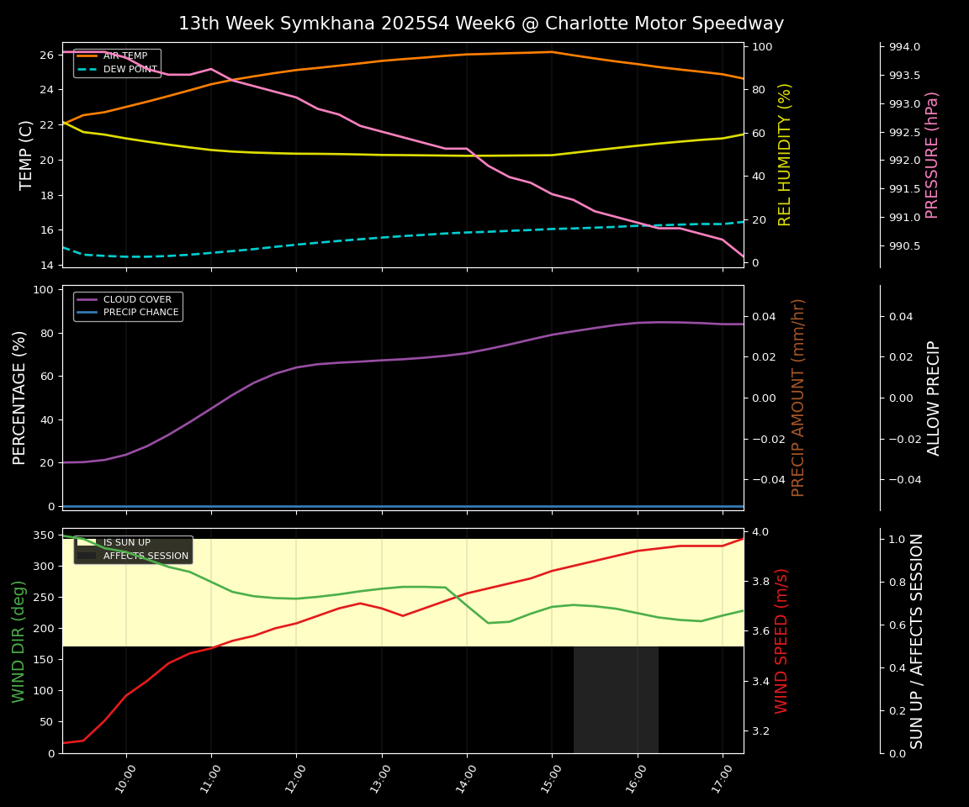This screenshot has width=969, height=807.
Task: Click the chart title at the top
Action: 480,24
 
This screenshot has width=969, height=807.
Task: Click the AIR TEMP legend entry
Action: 124,56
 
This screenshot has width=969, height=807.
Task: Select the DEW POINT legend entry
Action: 130,70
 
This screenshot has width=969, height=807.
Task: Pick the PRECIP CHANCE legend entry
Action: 140,313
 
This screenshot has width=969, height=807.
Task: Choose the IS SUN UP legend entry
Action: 126,543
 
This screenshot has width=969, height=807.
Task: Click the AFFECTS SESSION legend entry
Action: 145,556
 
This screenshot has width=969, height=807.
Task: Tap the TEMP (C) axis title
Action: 26,155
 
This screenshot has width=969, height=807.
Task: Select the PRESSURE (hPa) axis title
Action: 932,155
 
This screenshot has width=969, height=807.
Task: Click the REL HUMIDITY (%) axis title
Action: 785,155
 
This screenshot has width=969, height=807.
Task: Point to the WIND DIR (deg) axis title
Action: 19,641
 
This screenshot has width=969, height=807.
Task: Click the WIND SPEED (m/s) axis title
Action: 781,641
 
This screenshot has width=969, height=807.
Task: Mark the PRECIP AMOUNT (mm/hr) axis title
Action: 798,398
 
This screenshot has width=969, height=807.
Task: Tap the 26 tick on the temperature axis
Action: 46,55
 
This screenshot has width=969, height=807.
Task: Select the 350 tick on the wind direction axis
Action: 43,535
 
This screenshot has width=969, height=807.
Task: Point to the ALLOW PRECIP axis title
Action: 934,398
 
